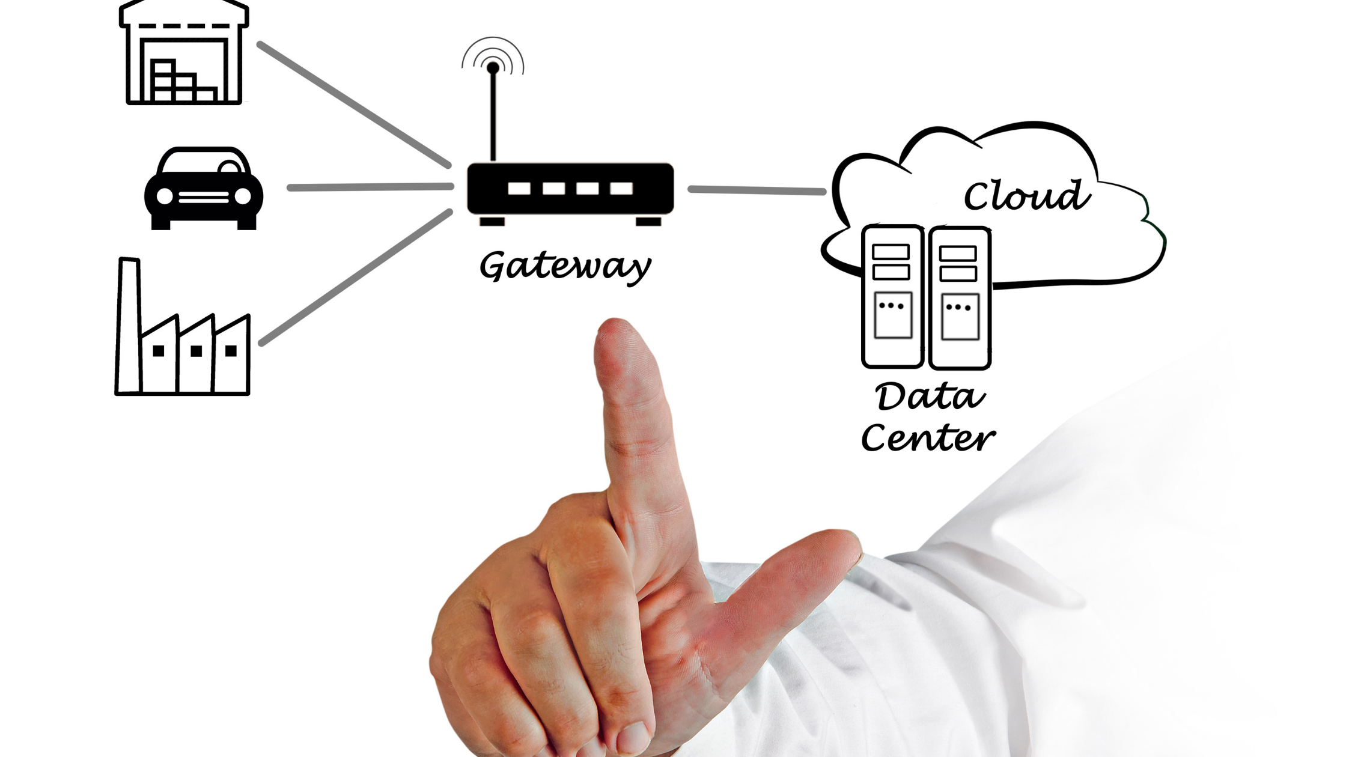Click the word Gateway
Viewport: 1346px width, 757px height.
tap(565, 266)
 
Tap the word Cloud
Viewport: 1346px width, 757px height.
tap(1026, 195)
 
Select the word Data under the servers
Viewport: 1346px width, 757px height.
tap(930, 397)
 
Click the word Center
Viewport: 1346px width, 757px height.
tap(928, 438)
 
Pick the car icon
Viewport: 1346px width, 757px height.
tap(204, 189)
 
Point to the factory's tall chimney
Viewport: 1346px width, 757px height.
tap(129, 324)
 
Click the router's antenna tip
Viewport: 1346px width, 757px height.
tap(493, 67)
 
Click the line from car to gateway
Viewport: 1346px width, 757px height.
tap(370, 187)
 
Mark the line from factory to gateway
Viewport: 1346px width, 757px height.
tap(356, 277)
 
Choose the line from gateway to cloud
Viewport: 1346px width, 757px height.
tap(757, 190)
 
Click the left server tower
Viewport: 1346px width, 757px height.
tap(892, 297)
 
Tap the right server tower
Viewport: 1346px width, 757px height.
tap(960, 298)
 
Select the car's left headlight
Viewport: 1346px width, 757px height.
tap(165, 196)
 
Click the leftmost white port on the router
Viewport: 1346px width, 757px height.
tap(519, 189)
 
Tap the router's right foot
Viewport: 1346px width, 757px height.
tap(648, 222)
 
